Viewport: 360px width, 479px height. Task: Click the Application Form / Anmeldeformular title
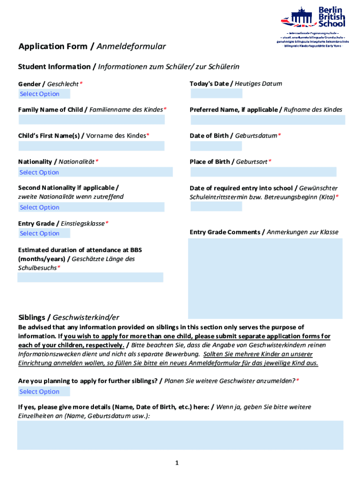tap(92, 46)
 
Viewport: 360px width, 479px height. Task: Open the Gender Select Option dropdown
tap(44, 94)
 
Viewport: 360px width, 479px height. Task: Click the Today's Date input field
tap(216, 94)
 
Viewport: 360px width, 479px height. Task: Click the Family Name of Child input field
tap(92, 120)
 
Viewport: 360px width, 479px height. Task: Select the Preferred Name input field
tap(267, 120)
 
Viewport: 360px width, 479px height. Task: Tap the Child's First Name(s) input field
tap(92, 146)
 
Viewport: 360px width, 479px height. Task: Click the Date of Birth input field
tap(216, 146)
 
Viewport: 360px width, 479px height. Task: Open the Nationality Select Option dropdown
tap(95, 172)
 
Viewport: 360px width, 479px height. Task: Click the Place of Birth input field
tap(263, 172)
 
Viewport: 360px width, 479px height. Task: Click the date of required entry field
tap(216, 206)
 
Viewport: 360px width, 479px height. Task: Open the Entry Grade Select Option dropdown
tap(44, 233)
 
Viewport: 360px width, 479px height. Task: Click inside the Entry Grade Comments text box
tap(265, 278)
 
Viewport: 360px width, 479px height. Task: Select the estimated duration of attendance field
tap(90, 277)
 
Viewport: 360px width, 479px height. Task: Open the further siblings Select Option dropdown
tap(44, 392)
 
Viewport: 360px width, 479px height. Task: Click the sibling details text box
tap(180, 435)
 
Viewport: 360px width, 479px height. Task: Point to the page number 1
tap(177, 463)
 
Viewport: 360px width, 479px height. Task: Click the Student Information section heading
tap(129, 67)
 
